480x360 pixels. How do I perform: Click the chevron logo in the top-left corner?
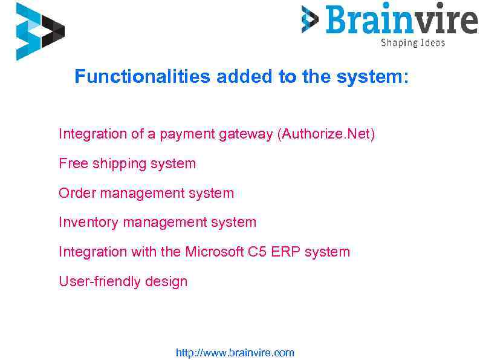click(x=39, y=31)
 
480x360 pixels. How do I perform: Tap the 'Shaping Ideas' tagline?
click(x=412, y=42)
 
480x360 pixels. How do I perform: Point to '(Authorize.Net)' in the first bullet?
click(x=326, y=134)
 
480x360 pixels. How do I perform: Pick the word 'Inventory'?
click(x=88, y=223)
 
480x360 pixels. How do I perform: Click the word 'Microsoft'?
click(x=215, y=252)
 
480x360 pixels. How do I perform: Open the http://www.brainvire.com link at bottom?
click(x=235, y=353)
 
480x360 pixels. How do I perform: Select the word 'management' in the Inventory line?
click(x=164, y=223)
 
